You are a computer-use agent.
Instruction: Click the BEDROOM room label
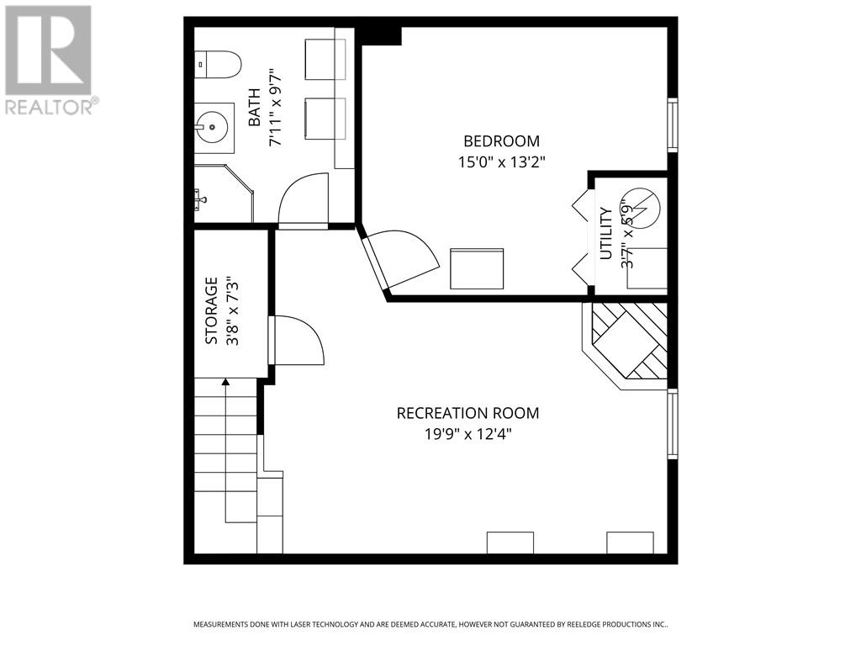[501, 141]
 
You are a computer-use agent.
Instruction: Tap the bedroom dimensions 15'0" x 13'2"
[501, 162]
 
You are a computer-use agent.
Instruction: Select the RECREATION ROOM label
[467, 412]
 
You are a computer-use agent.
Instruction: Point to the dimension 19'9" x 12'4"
[467, 435]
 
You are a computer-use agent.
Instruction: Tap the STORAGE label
[211, 311]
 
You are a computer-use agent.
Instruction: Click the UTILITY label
[605, 234]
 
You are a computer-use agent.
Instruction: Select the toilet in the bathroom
[218, 64]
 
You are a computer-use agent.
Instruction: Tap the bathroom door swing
[303, 200]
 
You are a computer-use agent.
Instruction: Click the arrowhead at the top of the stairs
[225, 382]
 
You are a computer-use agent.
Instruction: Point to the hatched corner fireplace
[626, 345]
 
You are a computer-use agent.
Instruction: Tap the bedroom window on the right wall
[673, 124]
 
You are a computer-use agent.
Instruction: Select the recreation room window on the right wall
[673, 424]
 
